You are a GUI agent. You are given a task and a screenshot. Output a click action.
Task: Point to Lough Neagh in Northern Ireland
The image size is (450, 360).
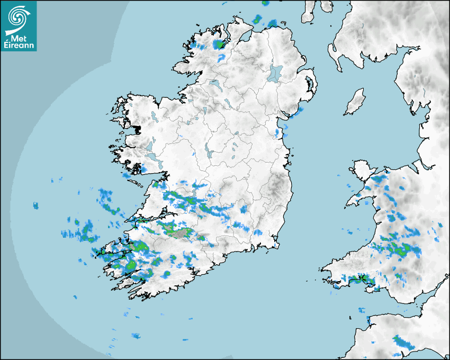click(x=276, y=73)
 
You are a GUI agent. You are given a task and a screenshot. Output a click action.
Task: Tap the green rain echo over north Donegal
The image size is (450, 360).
click(x=219, y=44)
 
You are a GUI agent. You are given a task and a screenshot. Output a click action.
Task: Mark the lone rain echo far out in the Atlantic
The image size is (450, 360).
click(x=36, y=205)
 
